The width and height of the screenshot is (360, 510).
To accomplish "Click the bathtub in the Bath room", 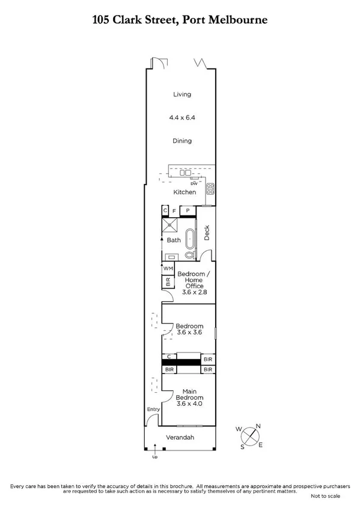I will pyautogui.click(x=189, y=239).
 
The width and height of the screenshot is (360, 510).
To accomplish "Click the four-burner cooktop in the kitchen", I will pyautogui.click(x=210, y=188).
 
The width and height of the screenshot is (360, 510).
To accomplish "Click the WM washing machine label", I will pyautogui.click(x=168, y=268).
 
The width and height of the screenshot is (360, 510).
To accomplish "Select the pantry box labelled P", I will pyautogui.click(x=188, y=210).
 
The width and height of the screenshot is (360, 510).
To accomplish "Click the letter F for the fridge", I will pyautogui.click(x=174, y=211).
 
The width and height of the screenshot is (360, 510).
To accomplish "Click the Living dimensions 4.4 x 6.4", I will pyautogui.click(x=182, y=118).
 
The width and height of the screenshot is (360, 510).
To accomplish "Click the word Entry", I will pyautogui.click(x=153, y=410).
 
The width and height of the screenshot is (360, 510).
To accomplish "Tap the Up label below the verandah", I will pyautogui.click(x=155, y=457).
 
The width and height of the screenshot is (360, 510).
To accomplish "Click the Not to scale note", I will pyautogui.click(x=325, y=496).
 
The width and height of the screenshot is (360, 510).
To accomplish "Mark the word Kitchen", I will pyautogui.click(x=185, y=192).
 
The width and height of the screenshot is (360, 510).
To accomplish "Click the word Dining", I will pyautogui.click(x=182, y=141).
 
